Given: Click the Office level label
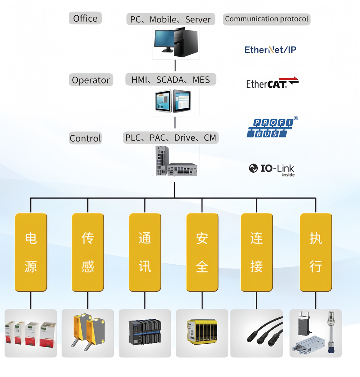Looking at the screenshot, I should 85,18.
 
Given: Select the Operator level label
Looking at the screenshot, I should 91,80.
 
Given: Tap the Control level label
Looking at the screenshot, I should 85,138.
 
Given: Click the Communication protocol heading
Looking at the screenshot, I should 266,19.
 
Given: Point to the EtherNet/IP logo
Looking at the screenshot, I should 270,50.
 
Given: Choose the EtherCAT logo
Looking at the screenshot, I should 272,83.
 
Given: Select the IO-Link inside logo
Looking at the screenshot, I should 272,169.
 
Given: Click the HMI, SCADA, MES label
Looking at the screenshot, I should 171,80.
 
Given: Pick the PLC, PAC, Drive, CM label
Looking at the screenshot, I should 171,138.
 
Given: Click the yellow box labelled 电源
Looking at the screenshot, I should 31,252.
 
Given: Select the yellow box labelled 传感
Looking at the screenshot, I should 88,252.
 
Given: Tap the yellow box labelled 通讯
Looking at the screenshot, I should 145,252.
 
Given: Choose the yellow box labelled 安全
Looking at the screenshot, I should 202,252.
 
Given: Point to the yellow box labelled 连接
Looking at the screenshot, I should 257,252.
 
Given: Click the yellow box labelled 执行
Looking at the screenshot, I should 316,252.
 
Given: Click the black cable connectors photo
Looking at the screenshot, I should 256,333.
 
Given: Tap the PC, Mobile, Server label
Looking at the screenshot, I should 171,19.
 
